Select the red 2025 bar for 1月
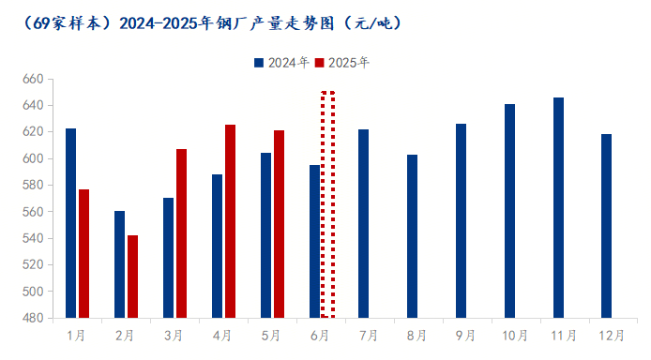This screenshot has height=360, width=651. pos(84,254)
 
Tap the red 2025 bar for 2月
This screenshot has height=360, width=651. pos(133,277)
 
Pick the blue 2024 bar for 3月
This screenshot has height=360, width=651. pos(169,258)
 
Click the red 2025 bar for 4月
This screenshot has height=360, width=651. pos(230,221)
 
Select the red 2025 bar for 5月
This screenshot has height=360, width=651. pos(279,224)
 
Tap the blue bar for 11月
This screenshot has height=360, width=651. pos(558,208)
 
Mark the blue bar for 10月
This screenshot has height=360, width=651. pos(509,211)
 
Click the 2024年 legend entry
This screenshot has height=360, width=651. pos(281,63)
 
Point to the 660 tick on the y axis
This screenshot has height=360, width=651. pos(33,79)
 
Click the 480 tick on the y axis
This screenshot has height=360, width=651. pos(33,318)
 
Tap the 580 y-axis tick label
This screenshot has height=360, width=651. pos(33,185)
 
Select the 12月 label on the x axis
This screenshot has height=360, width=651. pos(607,335)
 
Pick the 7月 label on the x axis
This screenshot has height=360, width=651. pos(368,335)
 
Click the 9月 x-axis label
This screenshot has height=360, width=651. pos(465,335)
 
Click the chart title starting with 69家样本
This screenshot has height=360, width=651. pos(206,22)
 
